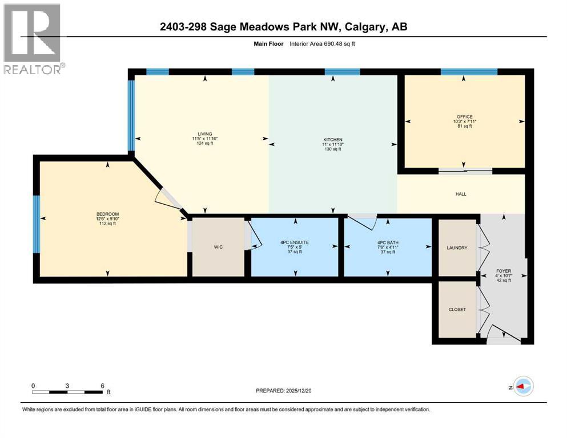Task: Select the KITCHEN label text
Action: pos(332,139)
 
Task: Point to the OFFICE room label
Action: pos(464,117)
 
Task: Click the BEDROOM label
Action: pos(107,214)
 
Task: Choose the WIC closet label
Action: pos(217,248)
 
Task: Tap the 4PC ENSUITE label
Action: pos(295,242)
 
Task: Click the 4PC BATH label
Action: pos(388,242)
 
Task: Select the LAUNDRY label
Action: pos(457,248)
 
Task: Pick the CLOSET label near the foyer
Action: pos(457,309)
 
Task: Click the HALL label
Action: pos(461,194)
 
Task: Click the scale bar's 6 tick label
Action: pos(102,386)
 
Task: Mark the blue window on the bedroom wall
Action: pos(36,224)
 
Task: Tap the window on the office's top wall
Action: pos(468,72)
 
